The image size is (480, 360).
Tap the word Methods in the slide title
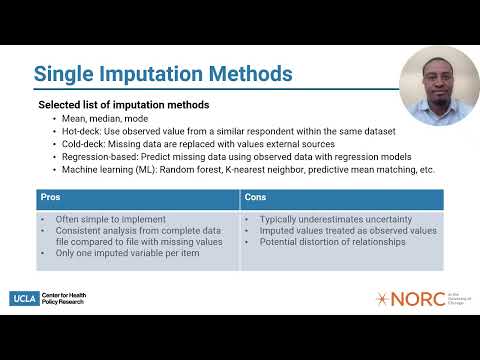251,73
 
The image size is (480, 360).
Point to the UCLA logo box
24,299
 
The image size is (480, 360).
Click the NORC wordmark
418,299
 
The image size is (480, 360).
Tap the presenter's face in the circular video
438,82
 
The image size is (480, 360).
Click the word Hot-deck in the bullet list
81,131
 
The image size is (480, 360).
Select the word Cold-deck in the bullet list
83,144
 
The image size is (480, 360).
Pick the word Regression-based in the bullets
100,157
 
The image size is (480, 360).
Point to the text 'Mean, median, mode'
105,119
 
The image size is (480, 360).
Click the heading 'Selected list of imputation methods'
124,105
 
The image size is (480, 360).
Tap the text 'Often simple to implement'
111,219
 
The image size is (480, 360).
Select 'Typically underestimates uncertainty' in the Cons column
336,219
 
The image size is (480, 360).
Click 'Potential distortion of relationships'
333,242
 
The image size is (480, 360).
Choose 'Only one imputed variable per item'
128,253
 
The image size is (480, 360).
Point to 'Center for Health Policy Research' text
64,298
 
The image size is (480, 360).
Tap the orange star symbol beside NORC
382,299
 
